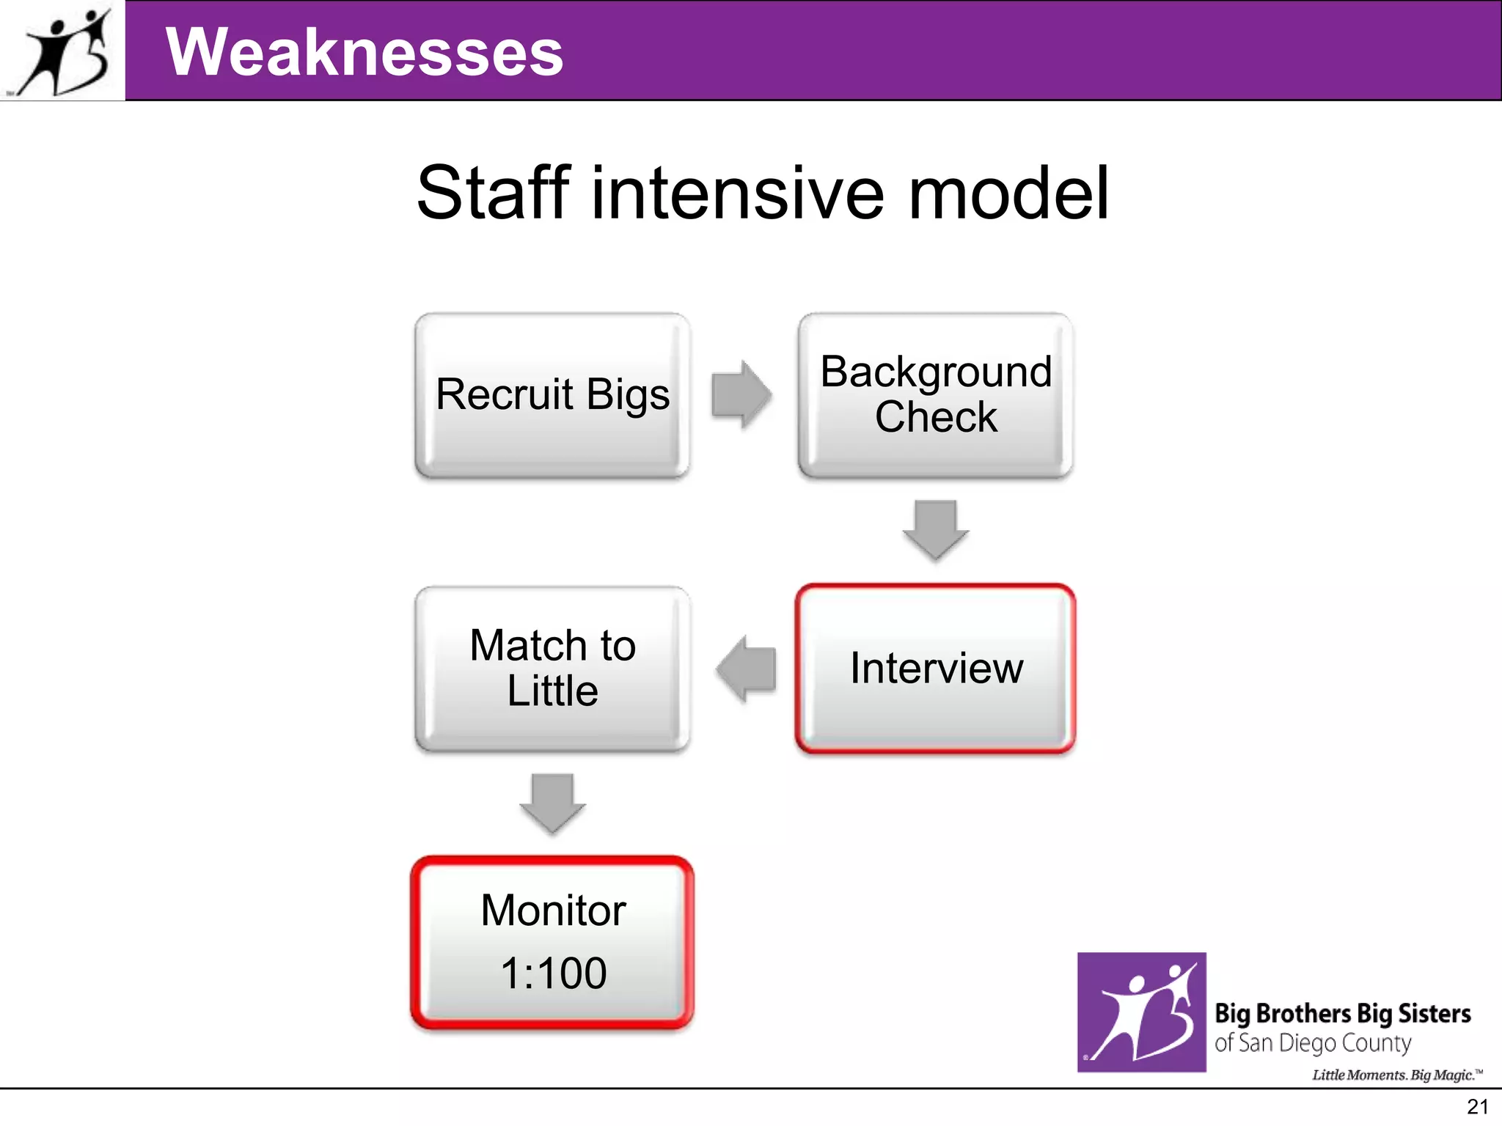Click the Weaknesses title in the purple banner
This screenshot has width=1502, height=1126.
[364, 52]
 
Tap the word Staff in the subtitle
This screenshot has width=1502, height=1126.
[493, 193]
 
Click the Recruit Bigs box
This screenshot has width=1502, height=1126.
[552, 395]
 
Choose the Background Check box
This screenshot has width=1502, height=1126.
[936, 395]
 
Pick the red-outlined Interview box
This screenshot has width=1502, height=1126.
[936, 668]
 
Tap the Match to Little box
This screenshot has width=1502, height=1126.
[552, 668]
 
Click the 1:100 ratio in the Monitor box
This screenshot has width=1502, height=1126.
[554, 974]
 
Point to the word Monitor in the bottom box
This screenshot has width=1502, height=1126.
[554, 910]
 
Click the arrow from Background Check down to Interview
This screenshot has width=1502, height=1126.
[936, 530]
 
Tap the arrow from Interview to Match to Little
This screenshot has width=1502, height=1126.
[746, 668]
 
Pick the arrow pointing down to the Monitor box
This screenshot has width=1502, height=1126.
[552, 803]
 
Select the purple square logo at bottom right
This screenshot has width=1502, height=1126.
[1141, 1012]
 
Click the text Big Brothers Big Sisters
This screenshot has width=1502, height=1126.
[1342, 1013]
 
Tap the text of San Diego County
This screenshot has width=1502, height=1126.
[1313, 1043]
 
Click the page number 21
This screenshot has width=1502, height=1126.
[1476, 1107]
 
